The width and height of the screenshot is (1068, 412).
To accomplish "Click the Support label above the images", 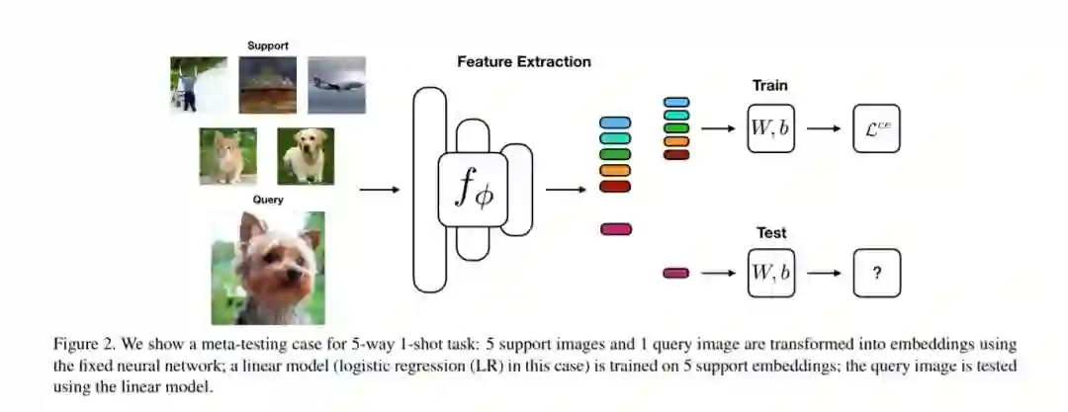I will tap(268, 44).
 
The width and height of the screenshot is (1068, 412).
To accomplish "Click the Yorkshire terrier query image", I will tap(267, 268).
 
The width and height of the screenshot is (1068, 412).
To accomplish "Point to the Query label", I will tap(267, 200).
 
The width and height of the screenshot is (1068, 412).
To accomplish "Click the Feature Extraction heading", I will tap(524, 61).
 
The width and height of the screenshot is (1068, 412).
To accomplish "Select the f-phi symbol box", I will tap(472, 190).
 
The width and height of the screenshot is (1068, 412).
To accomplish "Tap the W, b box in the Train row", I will tap(771, 128).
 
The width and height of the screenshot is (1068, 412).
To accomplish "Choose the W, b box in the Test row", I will tap(771, 272).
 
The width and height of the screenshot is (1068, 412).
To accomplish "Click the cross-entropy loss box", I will tap(877, 128).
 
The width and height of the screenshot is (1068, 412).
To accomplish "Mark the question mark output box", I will tap(877, 273).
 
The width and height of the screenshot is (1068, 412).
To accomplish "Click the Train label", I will tap(771, 86).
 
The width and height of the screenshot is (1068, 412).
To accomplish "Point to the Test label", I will tap(771, 233).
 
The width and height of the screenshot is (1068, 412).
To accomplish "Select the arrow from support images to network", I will tap(379, 190).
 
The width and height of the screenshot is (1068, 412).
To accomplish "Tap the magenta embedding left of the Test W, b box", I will tap(675, 273).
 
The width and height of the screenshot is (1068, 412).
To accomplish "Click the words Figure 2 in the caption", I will tap(83, 342).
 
